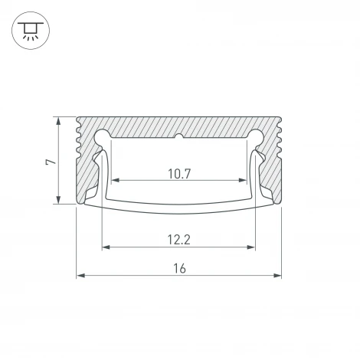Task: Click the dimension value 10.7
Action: click(x=178, y=174)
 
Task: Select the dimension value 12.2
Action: click(x=178, y=239)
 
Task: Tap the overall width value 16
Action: click(x=179, y=268)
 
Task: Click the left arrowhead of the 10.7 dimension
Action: click(x=116, y=182)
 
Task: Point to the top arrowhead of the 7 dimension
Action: click(x=57, y=121)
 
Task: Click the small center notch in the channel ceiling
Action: click(x=178, y=139)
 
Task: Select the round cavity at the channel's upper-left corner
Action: click(x=102, y=138)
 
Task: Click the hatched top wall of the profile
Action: click(x=179, y=126)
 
